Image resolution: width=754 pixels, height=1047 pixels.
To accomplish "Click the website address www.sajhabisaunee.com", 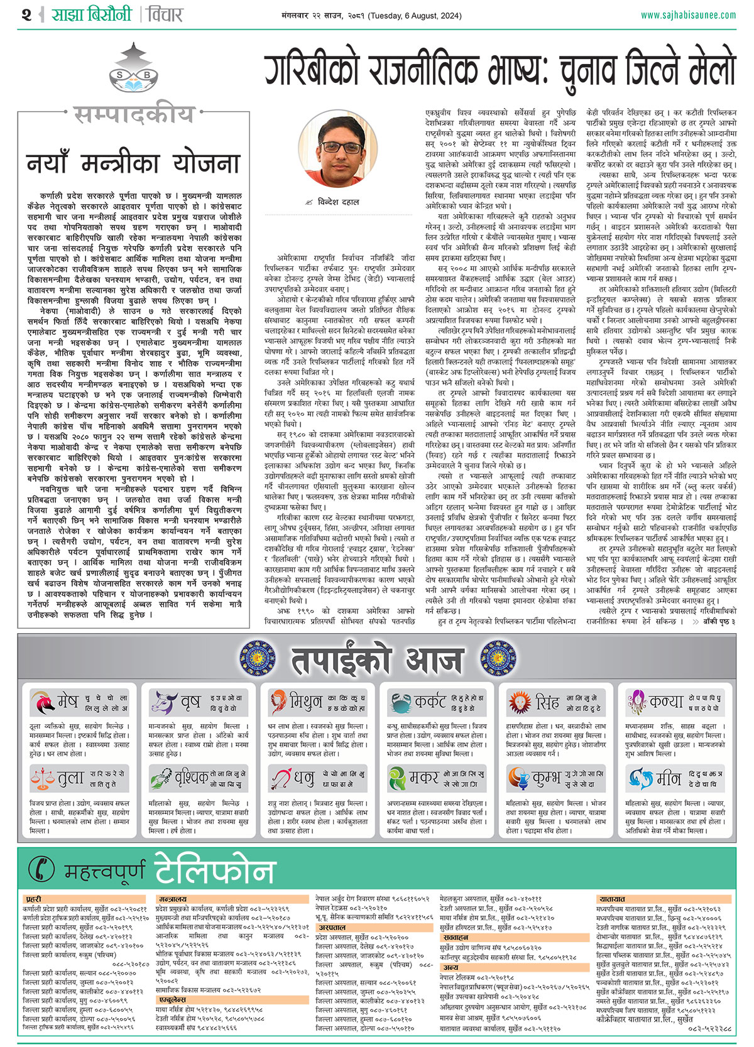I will pyautogui.click(x=687, y=15).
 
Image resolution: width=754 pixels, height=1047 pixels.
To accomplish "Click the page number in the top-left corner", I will pyautogui.click(x=26, y=14).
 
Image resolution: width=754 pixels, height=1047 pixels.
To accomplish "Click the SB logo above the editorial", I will pyautogui.click(x=134, y=75).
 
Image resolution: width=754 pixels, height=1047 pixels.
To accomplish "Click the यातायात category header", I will pyautogui.click(x=611, y=899).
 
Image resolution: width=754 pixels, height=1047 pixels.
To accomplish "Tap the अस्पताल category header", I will pyautogui.click(x=332, y=927).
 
